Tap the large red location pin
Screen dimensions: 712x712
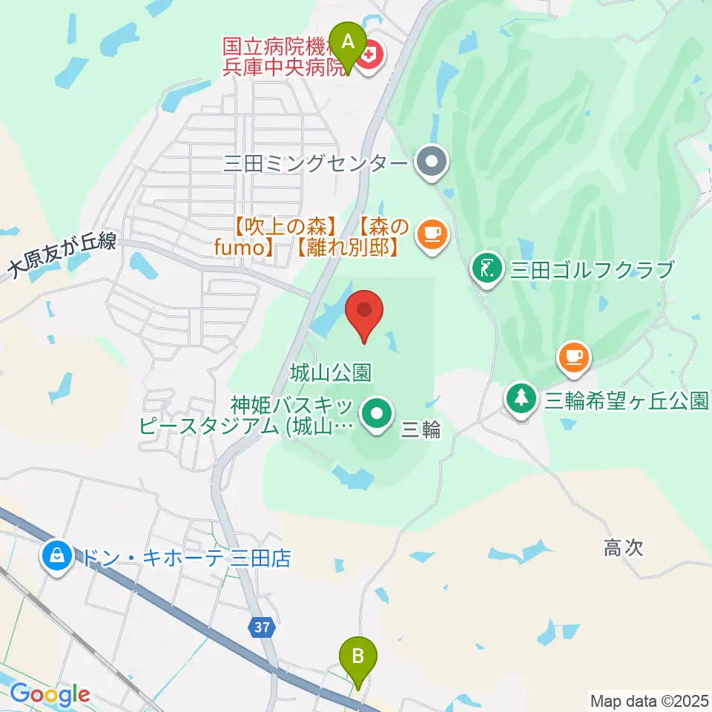click(364, 314)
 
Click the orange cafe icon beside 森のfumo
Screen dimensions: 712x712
click(431, 235)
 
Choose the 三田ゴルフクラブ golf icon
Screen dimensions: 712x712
click(486, 268)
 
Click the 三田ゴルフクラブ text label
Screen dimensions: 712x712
click(591, 268)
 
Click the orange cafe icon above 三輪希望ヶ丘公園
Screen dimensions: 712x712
click(573, 357)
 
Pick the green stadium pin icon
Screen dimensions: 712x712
click(377, 412)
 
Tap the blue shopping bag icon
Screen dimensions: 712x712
click(57, 555)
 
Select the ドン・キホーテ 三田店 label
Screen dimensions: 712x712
click(187, 556)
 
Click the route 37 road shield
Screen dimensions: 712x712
click(260, 627)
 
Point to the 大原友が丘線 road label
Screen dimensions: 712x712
click(62, 257)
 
